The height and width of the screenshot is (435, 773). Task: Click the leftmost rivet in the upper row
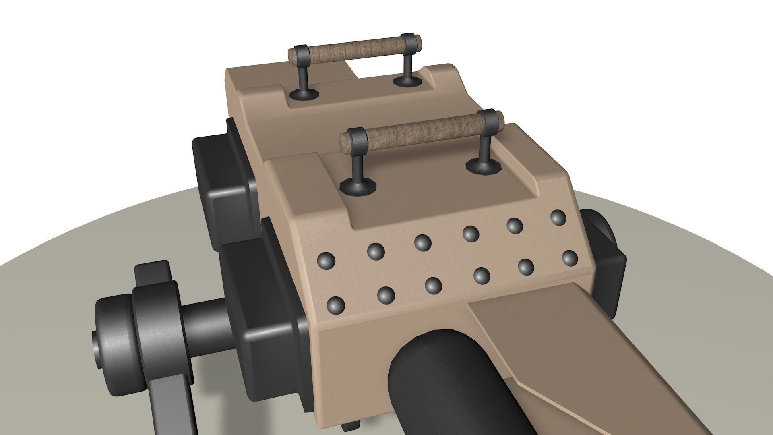pyautogui.click(x=326, y=261)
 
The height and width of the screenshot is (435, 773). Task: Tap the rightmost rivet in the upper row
pyautogui.click(x=558, y=218)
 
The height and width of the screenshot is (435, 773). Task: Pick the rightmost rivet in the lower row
pyautogui.click(x=570, y=258)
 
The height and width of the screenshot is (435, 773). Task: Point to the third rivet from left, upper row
pyautogui.click(x=423, y=242)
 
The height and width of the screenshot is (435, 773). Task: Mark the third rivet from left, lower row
pyautogui.click(x=433, y=285)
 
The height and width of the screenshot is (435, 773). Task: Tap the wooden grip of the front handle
pyautogui.click(x=423, y=131)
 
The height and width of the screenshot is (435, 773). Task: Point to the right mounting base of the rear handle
pyautogui.click(x=407, y=81)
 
